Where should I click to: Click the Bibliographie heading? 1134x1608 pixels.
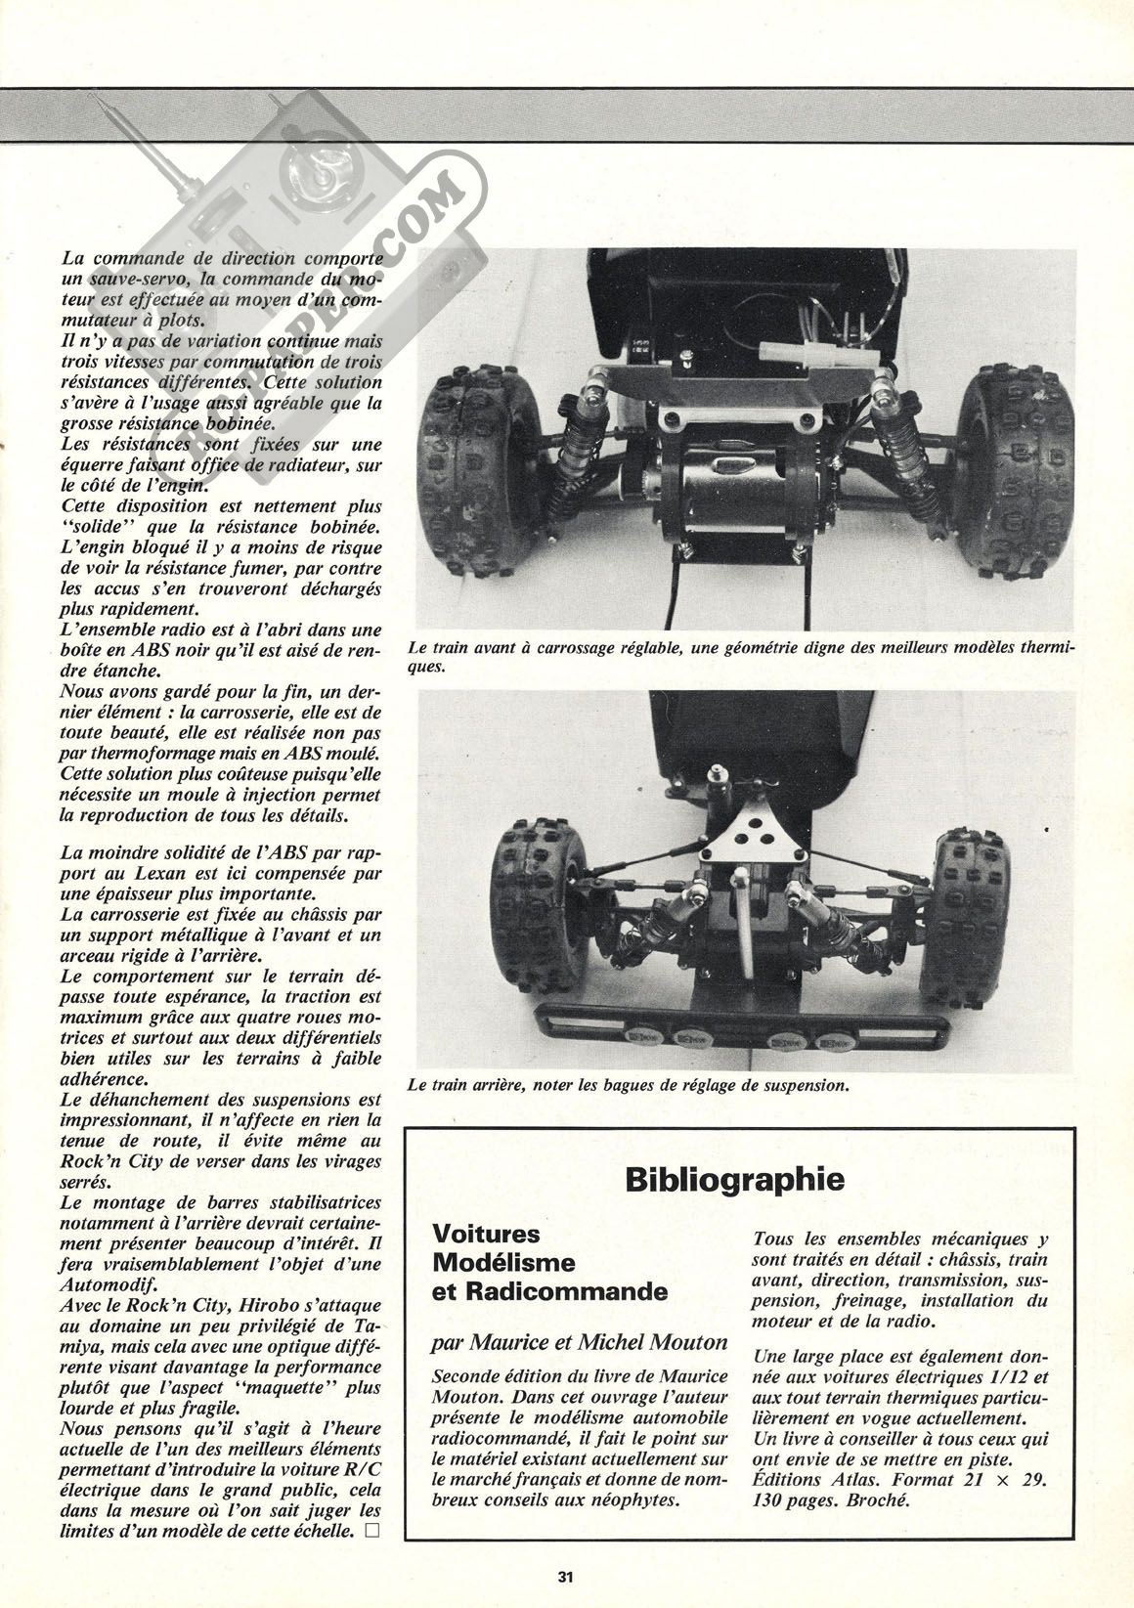(x=735, y=1179)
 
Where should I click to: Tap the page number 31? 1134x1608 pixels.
(x=566, y=1576)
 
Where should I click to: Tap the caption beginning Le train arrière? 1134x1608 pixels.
(x=627, y=1084)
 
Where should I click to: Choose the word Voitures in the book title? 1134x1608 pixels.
(x=486, y=1235)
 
